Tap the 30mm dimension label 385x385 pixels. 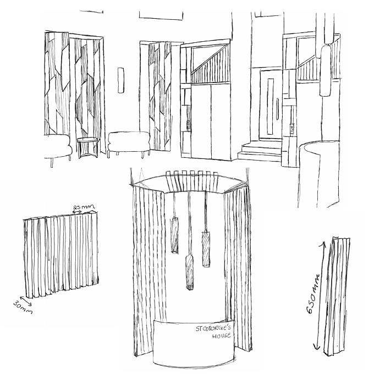tap(23, 308)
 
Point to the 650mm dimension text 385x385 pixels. tap(314, 294)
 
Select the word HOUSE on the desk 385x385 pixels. tap(222, 335)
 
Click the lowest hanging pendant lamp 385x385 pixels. tap(189, 272)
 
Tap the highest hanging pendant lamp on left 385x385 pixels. tap(174, 235)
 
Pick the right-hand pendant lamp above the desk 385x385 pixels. tap(206, 249)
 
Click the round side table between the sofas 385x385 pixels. tap(87, 147)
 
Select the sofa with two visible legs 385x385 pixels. tap(129, 144)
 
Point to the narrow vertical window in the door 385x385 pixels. tap(271, 106)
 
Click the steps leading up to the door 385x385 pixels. tap(260, 150)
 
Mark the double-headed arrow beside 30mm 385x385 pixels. tap(26, 301)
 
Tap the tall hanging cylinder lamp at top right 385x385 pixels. tap(326, 70)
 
